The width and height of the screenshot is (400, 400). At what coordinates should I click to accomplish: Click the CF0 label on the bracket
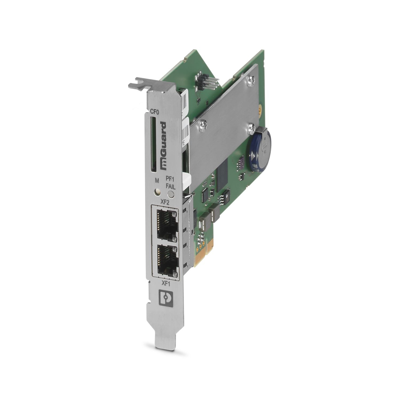coord(155,113)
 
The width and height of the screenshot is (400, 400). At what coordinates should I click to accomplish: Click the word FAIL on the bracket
coord(170,187)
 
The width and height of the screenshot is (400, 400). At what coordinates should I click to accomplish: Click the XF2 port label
coord(165,202)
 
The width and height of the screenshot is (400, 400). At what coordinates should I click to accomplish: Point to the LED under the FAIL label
coord(171,194)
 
